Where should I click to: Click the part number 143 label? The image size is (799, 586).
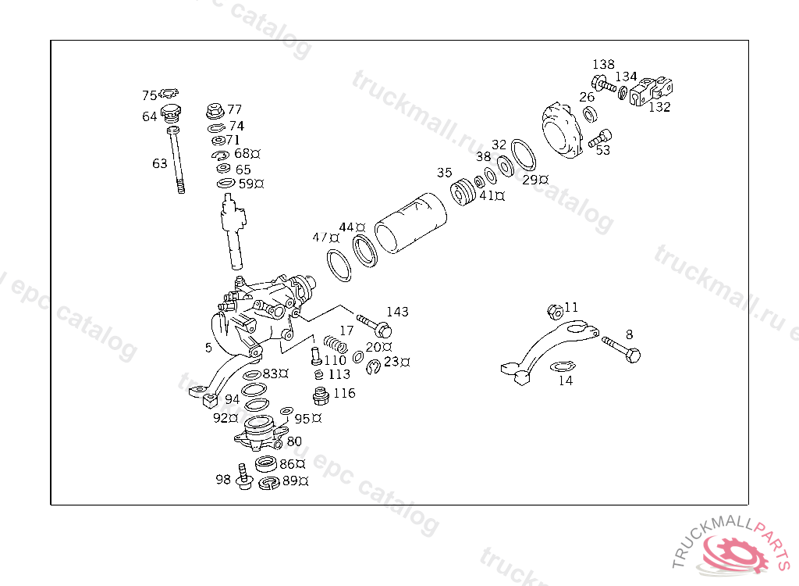[x=397, y=312]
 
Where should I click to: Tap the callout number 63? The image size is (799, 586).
[x=160, y=163]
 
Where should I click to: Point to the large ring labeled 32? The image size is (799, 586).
[x=524, y=155]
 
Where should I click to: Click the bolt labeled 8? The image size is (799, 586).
[x=622, y=348]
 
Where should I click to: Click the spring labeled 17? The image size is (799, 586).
[x=335, y=343]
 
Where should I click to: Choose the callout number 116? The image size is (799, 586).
[x=344, y=393]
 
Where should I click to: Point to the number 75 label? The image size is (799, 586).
[x=149, y=95]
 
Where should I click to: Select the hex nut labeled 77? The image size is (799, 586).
[x=215, y=111]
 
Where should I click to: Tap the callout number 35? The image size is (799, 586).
[x=444, y=172]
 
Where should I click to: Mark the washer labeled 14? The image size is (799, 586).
[x=561, y=366]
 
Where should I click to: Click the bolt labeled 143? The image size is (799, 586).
[x=374, y=323]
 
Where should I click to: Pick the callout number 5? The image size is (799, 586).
[x=208, y=347]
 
